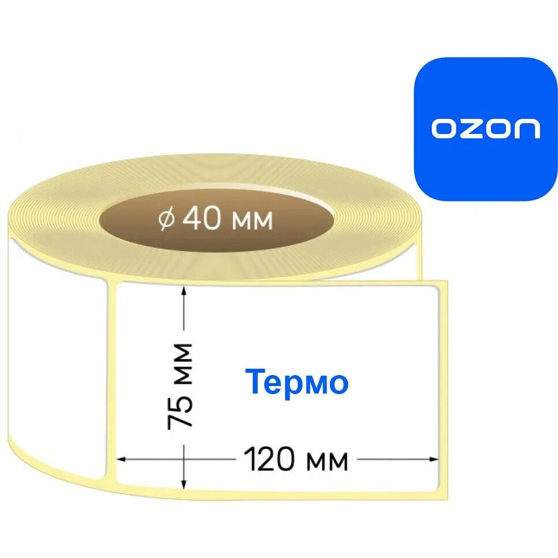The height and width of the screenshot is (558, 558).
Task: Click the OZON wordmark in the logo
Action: [x=485, y=129]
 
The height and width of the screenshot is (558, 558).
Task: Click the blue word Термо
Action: [x=298, y=382]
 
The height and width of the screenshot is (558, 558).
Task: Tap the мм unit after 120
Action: [x=327, y=461]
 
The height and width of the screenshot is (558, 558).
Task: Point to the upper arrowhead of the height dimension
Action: [x=184, y=292]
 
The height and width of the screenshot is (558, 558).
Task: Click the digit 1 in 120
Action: [x=249, y=460]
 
